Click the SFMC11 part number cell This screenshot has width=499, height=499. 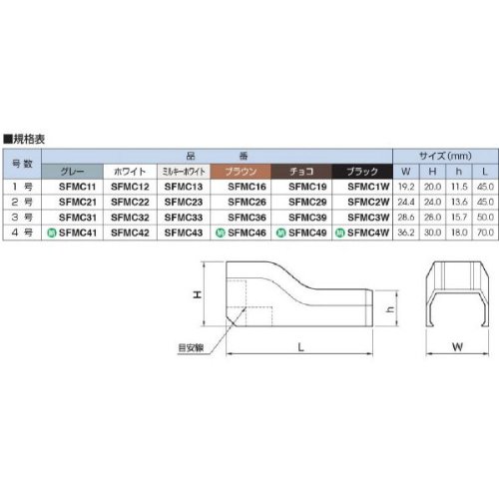coord(77,187)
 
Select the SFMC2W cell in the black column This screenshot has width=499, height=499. coord(368,202)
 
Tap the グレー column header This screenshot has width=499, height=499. coord(72,172)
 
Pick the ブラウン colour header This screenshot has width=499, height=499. coord(241,172)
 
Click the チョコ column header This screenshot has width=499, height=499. coord(301,172)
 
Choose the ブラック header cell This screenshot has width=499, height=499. coord(362,172)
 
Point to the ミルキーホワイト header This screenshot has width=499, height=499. coord(184,172)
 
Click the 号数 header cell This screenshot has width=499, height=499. coord(22,164)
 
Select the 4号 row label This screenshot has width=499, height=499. coord(22,233)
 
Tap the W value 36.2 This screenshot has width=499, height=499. coord(406,233)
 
